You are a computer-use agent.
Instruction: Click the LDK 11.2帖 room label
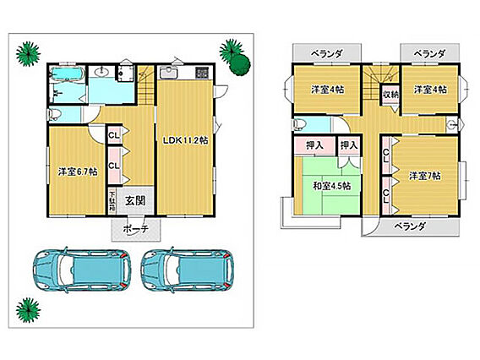pyautogui.click(x=185, y=140)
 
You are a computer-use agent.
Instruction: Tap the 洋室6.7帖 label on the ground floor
pyautogui.click(x=78, y=172)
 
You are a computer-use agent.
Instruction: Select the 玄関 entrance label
pyautogui.click(x=135, y=201)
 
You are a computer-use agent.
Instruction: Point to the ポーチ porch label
pyautogui.click(x=135, y=228)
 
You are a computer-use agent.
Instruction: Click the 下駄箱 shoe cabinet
pyautogui.click(x=112, y=201)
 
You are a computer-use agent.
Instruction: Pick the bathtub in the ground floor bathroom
pyautogui.click(x=67, y=74)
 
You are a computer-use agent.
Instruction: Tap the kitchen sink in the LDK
pyautogui.click(x=168, y=73)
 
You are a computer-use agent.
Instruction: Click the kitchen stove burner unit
pyautogui.click(x=202, y=73)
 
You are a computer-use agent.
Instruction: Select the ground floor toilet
pyautogui.click(x=55, y=114)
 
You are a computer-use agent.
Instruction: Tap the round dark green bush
pyautogui.click(x=241, y=64)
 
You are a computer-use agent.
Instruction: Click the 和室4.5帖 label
pyautogui.click(x=332, y=186)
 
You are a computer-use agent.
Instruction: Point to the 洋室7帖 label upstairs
pyautogui.click(x=425, y=176)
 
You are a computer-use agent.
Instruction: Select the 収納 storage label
pyautogui.click(x=390, y=95)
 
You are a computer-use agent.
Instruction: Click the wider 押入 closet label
pyautogui.click(x=314, y=145)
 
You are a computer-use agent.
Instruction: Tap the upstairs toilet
pyautogui.click(x=300, y=124)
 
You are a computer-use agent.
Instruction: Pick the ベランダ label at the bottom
pyautogui.click(x=410, y=226)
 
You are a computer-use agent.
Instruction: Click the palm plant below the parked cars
pyautogui.click(x=28, y=310)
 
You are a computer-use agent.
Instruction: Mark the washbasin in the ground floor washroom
pyautogui.click(x=102, y=72)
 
